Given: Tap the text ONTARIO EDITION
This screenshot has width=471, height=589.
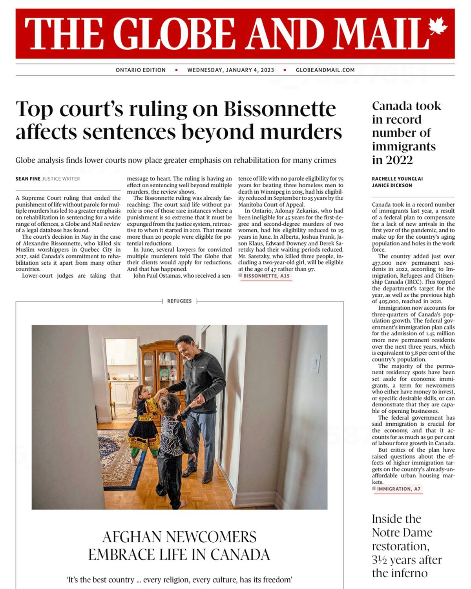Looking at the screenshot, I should pos(141,70).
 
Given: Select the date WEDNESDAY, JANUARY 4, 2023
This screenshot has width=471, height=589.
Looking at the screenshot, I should pos(231,70).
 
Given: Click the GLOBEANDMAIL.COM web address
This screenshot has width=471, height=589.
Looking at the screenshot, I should pos(325,70).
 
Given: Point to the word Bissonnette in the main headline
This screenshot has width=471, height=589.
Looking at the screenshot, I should pos(280,109).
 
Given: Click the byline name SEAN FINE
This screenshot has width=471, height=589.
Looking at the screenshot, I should pos(28,179).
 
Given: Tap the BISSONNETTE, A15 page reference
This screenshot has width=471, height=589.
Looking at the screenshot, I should pos(267,276).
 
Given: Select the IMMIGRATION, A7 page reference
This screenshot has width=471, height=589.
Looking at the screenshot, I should pos(399,489).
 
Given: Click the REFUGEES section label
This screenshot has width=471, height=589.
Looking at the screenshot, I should pos(179,301).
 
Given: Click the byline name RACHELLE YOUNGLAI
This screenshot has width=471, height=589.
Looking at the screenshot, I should pos(397,179).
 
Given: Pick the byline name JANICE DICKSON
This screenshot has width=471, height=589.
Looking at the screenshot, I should pos(392,185).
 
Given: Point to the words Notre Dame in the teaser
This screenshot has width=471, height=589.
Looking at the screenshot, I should pos(402,532).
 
